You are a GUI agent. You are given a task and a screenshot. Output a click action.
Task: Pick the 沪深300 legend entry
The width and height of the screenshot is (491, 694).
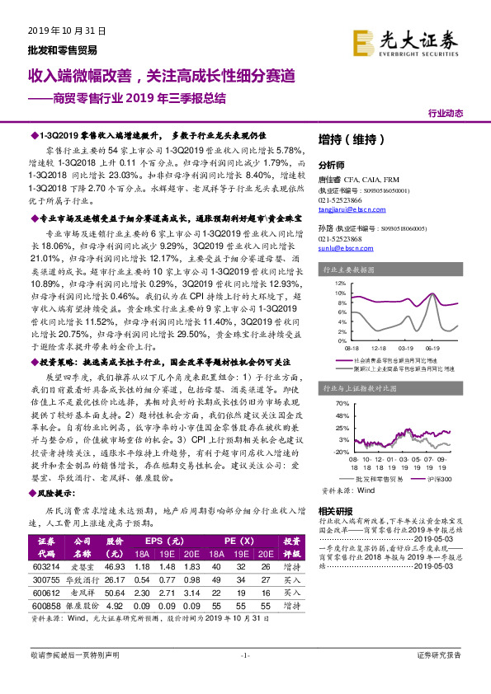pyautogui.click(x=438, y=480)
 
